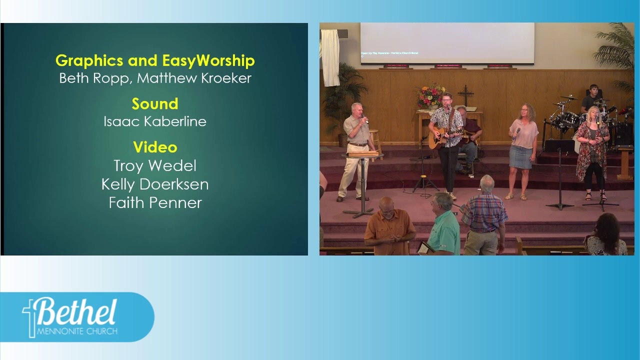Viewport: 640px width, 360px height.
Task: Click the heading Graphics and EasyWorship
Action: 155,60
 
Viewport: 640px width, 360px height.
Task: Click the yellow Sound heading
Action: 155,104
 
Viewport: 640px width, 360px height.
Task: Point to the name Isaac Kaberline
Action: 155,121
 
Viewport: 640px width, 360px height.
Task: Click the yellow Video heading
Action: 155,147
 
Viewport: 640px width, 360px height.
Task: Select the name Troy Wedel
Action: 155,165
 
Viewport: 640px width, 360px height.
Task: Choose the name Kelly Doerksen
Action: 155,184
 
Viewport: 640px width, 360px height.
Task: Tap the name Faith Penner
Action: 155,202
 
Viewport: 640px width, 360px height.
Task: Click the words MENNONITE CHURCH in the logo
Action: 77,331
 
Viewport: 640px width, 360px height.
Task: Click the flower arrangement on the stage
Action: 431,96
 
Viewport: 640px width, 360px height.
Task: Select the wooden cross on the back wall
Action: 465,94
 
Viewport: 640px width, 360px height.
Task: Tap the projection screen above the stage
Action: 447,43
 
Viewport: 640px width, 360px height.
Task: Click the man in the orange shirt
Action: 389,227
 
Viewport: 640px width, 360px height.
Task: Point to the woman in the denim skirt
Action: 522,150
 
